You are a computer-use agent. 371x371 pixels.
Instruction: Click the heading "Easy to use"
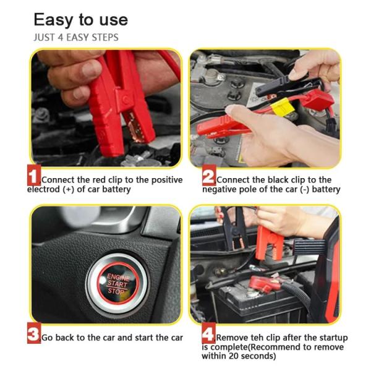(x=80, y=19)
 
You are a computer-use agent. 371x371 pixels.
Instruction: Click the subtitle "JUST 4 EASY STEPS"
(x=75, y=37)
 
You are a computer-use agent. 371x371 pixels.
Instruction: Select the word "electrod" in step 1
(x=44, y=189)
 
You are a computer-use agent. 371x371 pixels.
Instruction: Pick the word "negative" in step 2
(x=220, y=189)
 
